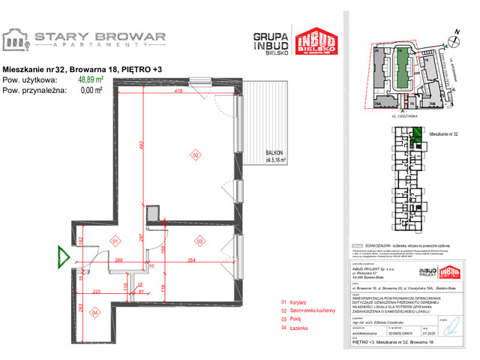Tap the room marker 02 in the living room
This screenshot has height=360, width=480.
point(195,155)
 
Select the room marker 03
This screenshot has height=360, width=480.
point(200,241)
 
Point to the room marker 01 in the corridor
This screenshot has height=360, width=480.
point(115,241)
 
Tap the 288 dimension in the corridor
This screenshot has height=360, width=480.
point(118,260)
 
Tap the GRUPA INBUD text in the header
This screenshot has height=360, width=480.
point(271,40)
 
